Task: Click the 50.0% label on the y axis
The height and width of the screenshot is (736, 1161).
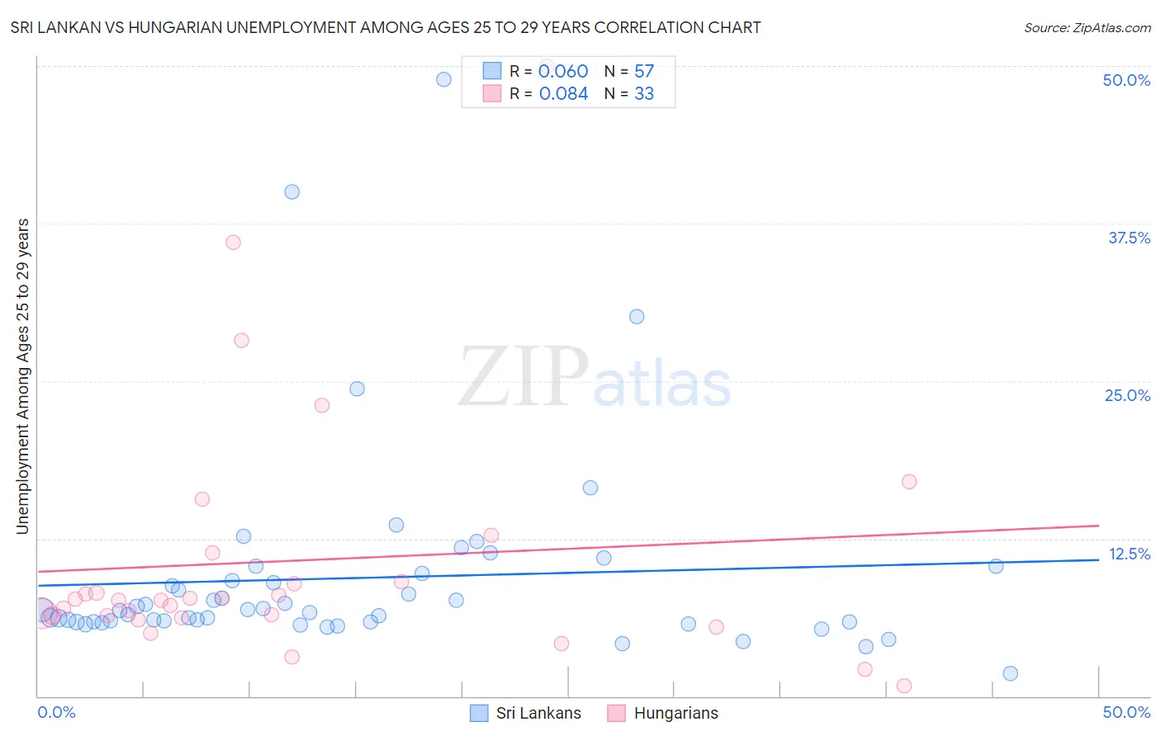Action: (x=1126, y=80)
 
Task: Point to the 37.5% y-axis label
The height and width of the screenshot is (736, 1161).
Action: (x=1129, y=238)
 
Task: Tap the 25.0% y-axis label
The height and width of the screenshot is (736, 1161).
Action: (x=1127, y=395)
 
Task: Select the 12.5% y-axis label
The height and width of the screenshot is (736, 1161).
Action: (x=1129, y=554)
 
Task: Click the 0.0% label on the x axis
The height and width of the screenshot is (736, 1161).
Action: (x=56, y=712)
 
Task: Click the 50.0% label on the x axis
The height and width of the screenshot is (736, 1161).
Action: (x=1126, y=712)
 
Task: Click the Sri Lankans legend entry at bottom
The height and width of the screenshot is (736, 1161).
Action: (x=525, y=713)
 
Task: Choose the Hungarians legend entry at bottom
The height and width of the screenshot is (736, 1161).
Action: (x=662, y=713)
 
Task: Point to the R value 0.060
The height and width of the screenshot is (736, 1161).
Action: (x=563, y=72)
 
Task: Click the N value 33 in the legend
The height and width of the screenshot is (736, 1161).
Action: (x=644, y=94)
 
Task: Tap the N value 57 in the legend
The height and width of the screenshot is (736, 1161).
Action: (x=644, y=72)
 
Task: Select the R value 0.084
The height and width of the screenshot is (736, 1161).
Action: (x=563, y=94)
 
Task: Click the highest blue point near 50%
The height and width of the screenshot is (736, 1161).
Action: (x=443, y=79)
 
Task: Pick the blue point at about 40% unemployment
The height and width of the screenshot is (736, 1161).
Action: (x=291, y=191)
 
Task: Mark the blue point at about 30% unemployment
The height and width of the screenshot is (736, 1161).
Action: (x=637, y=317)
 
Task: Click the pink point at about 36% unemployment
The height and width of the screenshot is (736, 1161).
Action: (x=233, y=243)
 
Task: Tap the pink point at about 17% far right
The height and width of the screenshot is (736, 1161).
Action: (x=909, y=482)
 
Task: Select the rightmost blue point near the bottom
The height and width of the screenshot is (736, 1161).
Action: (x=1010, y=673)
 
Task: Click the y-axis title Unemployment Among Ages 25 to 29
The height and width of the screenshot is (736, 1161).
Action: (x=23, y=376)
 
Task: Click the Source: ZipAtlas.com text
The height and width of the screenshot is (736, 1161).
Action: (x=1087, y=28)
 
